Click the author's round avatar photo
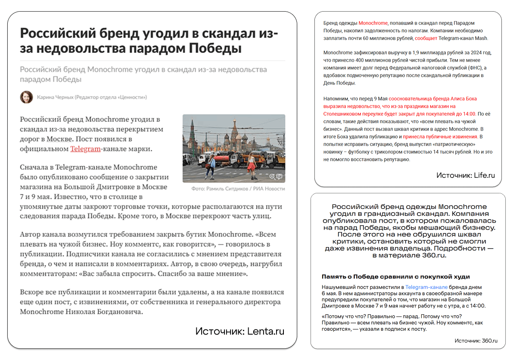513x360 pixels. [x=26, y=97]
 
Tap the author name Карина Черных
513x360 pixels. [x=55, y=97]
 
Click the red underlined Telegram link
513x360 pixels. [x=85, y=149]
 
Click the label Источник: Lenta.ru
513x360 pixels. [x=239, y=331]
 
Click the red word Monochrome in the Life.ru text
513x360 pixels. [x=373, y=23]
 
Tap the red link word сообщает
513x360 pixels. [x=426, y=38]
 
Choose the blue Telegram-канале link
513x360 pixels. [x=426, y=287]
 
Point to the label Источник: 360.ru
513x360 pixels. [x=476, y=341]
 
